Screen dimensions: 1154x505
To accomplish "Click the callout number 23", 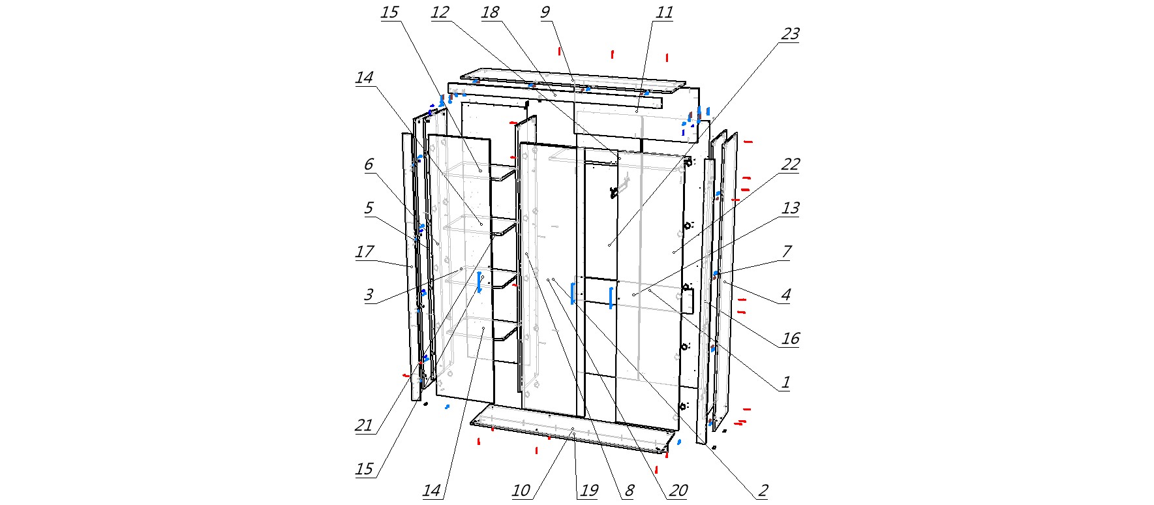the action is click(790, 34).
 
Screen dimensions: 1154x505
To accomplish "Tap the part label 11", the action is click(664, 12).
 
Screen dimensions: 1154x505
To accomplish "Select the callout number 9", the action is click(545, 12).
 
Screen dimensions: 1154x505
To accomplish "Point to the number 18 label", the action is click(490, 12).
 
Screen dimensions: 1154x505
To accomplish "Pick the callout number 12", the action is click(440, 12).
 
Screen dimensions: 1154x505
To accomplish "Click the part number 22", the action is click(790, 164).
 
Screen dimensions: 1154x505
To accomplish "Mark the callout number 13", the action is click(790, 208).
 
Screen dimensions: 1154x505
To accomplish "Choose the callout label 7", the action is click(786, 251).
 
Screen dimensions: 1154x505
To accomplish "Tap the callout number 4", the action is click(786, 295).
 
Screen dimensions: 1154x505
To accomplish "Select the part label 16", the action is click(790, 339).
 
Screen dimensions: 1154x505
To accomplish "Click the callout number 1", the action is click(786, 382).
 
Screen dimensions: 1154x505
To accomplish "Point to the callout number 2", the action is click(763, 491).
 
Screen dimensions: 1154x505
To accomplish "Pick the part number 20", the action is click(678, 491).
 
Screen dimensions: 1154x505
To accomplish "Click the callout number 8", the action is click(629, 491).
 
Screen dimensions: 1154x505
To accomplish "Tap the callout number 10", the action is click(521, 491).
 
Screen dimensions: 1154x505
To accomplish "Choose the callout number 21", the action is click(363, 425).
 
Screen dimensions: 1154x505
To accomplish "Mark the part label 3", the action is click(369, 295).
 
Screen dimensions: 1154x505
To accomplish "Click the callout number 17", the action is click(365, 251).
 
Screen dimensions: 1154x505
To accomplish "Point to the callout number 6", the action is click(369, 164).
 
